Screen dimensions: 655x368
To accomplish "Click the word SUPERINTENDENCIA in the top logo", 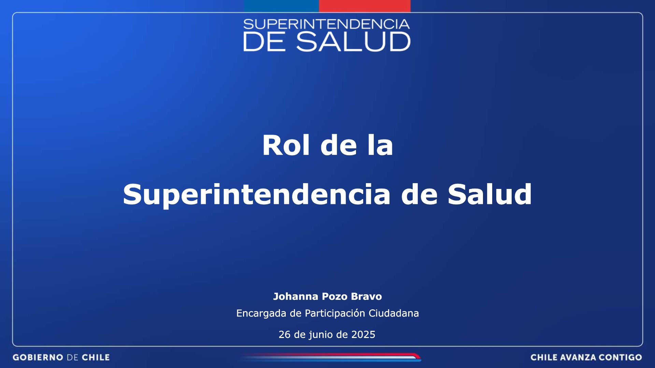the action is (x=326, y=24).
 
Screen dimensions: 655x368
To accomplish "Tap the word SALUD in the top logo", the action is (x=353, y=42).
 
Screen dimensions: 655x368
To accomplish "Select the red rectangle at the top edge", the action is (x=365, y=6).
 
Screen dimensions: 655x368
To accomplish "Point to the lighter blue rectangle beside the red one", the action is (x=281, y=6).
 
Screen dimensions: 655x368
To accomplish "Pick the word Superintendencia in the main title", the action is (x=256, y=194).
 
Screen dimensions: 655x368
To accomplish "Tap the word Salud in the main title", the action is (x=489, y=194).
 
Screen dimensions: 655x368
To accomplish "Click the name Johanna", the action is (x=296, y=296).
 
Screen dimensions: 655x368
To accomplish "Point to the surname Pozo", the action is (x=335, y=296).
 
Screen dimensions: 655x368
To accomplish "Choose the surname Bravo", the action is (x=366, y=296).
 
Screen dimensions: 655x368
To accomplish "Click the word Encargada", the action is (x=261, y=313).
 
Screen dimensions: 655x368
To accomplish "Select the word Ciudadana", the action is (x=394, y=313).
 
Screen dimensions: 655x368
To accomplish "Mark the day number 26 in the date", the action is (x=285, y=335).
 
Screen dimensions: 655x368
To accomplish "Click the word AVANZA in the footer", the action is (x=578, y=357).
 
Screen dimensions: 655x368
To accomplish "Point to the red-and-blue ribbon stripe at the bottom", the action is (x=330, y=357).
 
